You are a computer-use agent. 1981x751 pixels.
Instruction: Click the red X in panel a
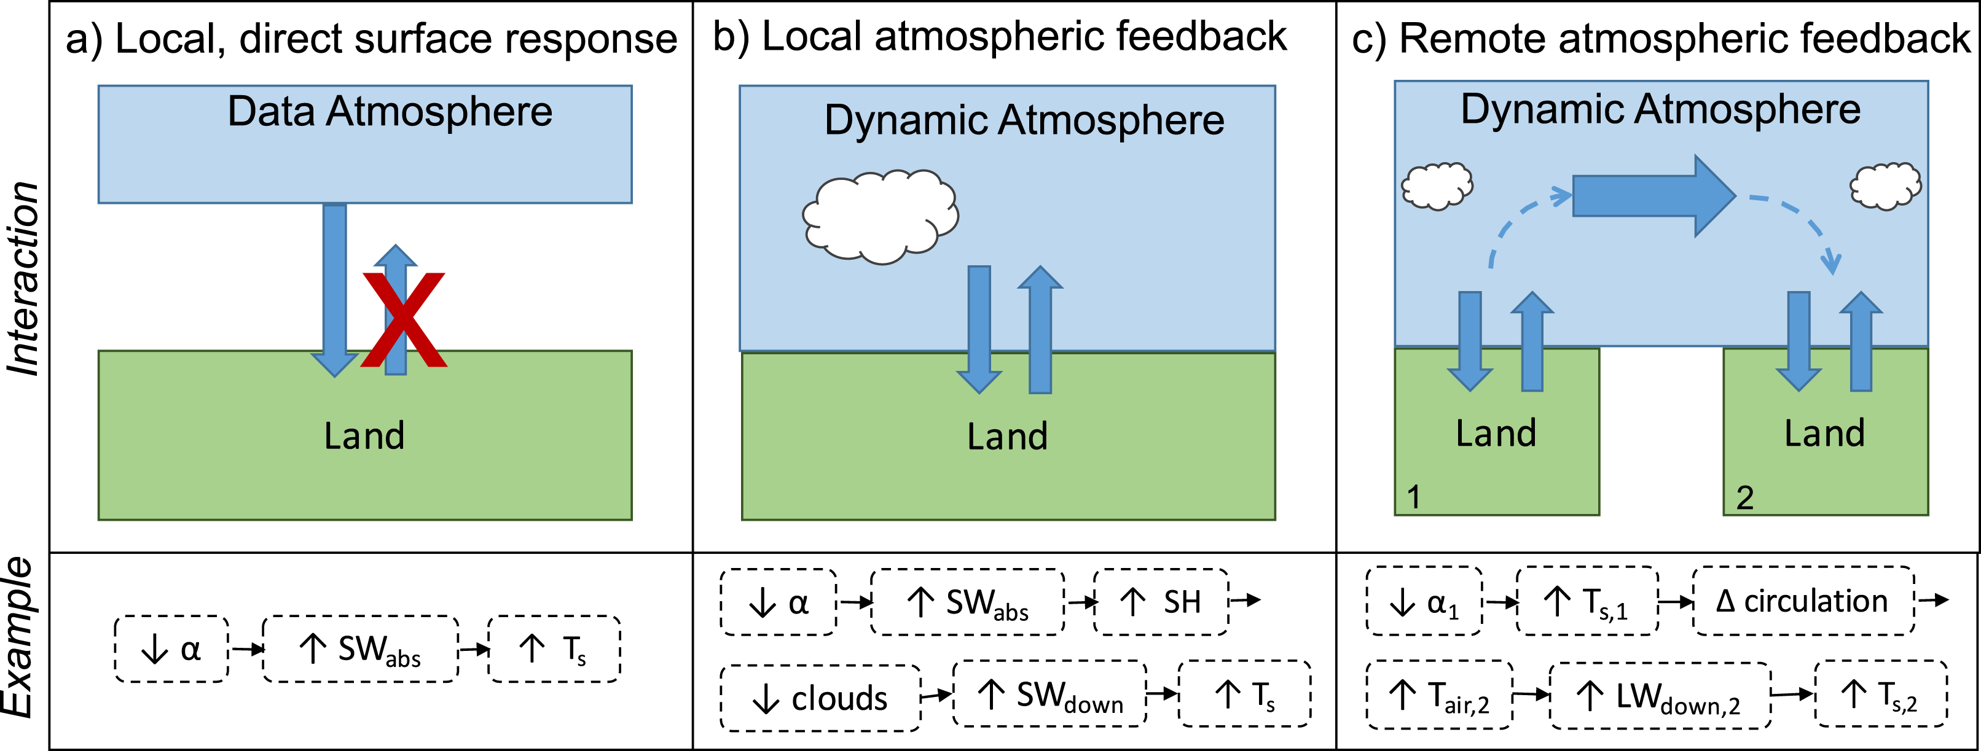pos(404,319)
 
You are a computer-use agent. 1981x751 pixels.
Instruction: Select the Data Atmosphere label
pos(390,112)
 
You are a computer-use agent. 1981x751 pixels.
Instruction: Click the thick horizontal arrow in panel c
pos(1653,195)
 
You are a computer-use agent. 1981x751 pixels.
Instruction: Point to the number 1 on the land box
pos(1413,497)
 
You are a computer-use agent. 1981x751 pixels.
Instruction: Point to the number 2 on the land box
pos(1745,498)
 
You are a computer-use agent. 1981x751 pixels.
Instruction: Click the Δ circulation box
pos(1803,601)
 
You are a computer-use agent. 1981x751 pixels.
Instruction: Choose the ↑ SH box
pos(1161,602)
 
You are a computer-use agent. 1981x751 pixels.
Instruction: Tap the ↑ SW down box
pos(1049,694)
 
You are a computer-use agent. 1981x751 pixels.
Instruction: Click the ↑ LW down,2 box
pos(1660,696)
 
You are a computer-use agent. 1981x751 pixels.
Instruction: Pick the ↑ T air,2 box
pos(1439,696)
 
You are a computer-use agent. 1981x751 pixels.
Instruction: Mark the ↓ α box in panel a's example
pos(171,650)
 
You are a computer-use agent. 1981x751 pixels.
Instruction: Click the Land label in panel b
pos(1008,437)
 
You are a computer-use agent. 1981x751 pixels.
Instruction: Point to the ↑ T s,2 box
pos(1881,694)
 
